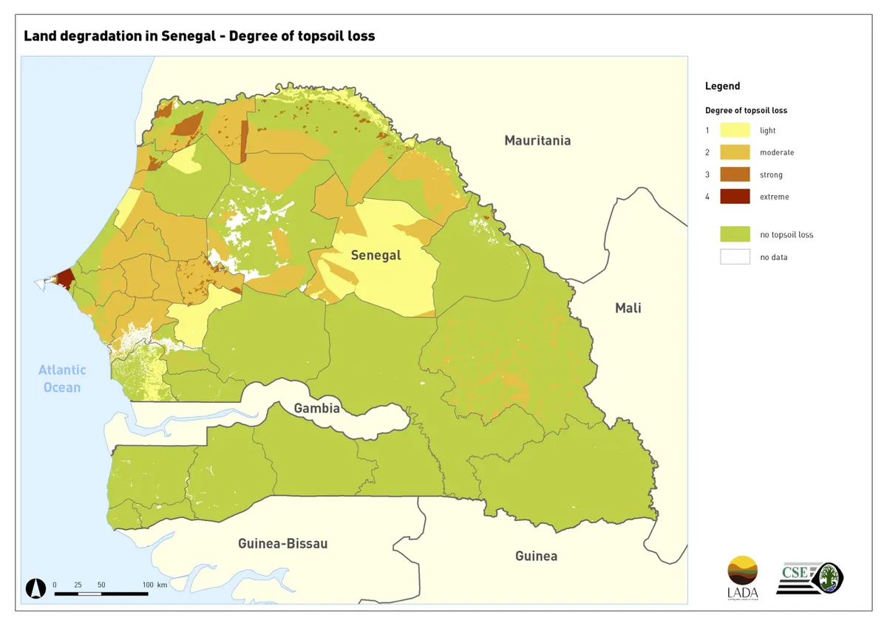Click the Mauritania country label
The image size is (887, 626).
(x=537, y=140)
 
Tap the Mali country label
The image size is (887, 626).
(x=628, y=308)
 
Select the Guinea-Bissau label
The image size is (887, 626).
(x=282, y=544)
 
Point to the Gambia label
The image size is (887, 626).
(x=317, y=409)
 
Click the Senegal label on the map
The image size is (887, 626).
(x=375, y=256)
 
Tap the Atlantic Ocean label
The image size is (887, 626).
(x=62, y=378)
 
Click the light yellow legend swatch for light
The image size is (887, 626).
(x=735, y=131)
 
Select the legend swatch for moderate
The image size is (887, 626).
(x=735, y=153)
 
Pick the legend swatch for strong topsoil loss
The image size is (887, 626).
(x=735, y=175)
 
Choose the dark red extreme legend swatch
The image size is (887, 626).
(x=735, y=197)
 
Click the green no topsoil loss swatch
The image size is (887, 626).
(x=735, y=235)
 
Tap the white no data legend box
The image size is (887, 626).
(x=735, y=257)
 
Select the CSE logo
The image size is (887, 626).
(x=809, y=578)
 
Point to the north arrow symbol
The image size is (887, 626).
(x=35, y=588)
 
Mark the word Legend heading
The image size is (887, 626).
(x=722, y=86)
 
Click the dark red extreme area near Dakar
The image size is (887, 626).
(x=64, y=279)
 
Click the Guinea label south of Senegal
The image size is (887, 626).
(x=536, y=556)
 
